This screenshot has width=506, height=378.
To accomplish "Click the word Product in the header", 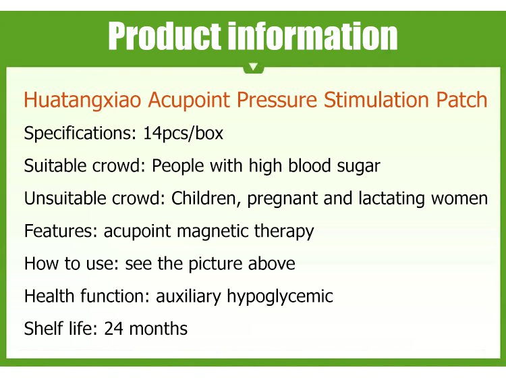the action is tap(165, 36).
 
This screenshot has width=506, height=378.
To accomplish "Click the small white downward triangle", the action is tap(254, 67).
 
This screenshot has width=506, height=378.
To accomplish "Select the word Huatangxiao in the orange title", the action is tap(82, 100).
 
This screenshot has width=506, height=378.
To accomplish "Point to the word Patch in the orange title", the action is tap(461, 99).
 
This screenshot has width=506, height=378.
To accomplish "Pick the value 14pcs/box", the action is tap(183, 133).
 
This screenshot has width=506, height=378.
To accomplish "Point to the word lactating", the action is tap(391, 199).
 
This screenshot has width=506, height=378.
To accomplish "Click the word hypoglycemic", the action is tap(280, 296).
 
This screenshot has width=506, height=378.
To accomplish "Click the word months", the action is tap(158, 329).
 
